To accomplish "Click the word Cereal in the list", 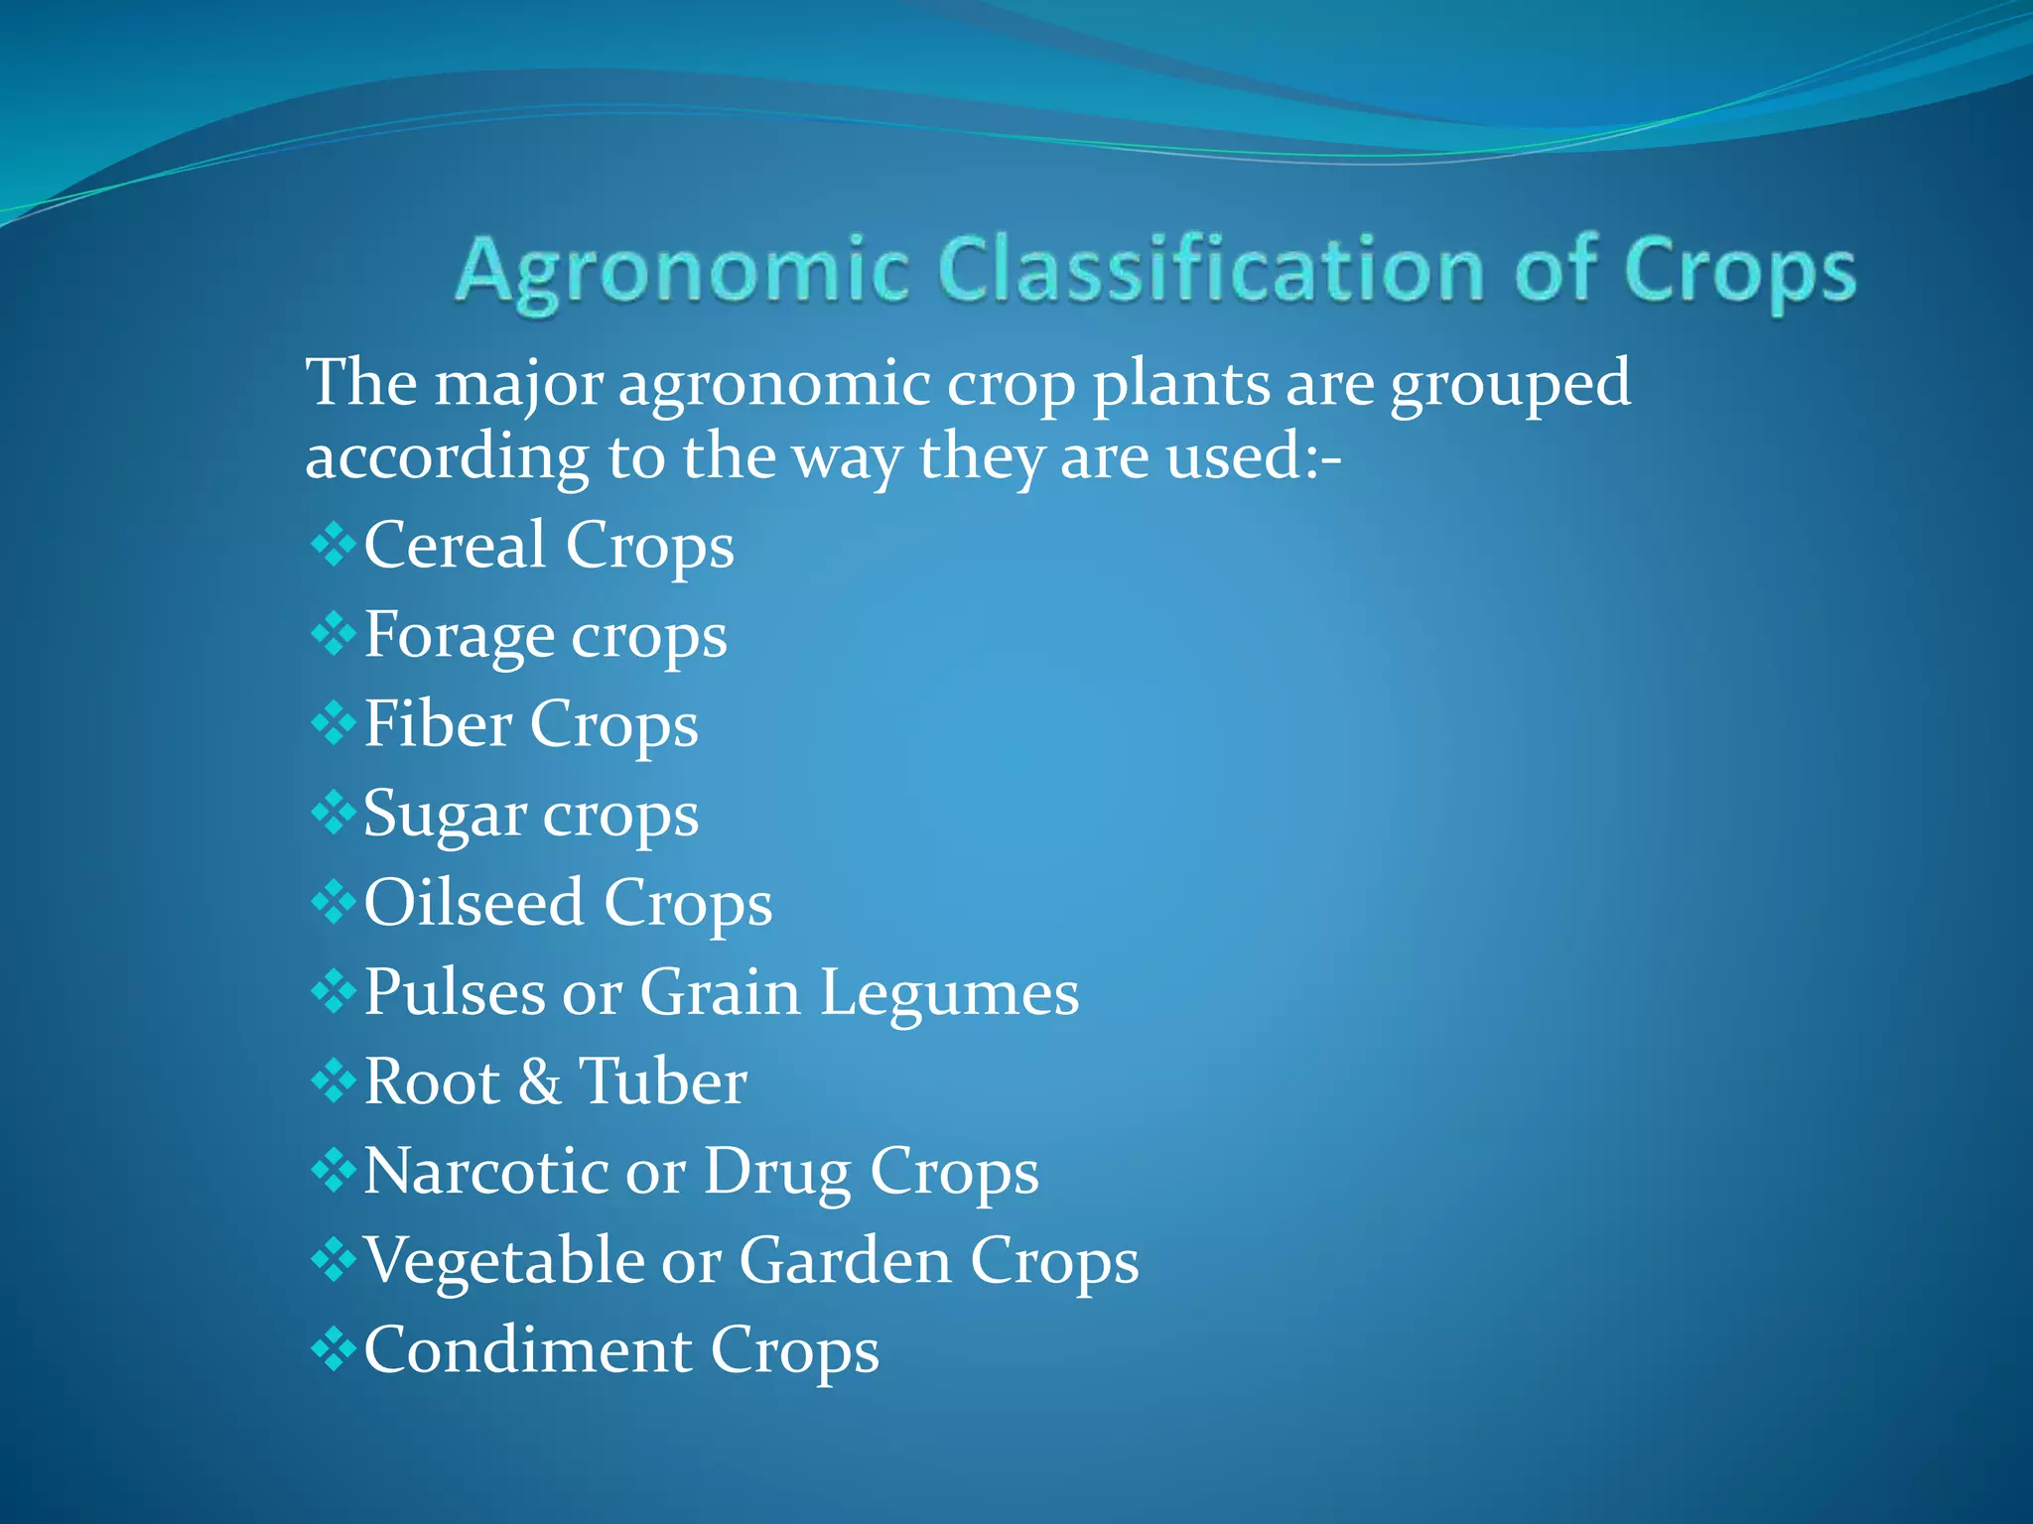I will [x=455, y=545].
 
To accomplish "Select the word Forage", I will [x=460, y=636].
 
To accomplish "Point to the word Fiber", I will [x=438, y=723].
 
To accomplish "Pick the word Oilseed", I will [x=474, y=903].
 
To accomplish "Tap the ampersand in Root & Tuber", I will [x=539, y=1081].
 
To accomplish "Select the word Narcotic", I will [x=486, y=1171].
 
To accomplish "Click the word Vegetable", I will [x=504, y=1261].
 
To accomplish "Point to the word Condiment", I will [x=527, y=1350].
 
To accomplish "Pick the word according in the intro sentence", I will [x=447, y=458].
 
